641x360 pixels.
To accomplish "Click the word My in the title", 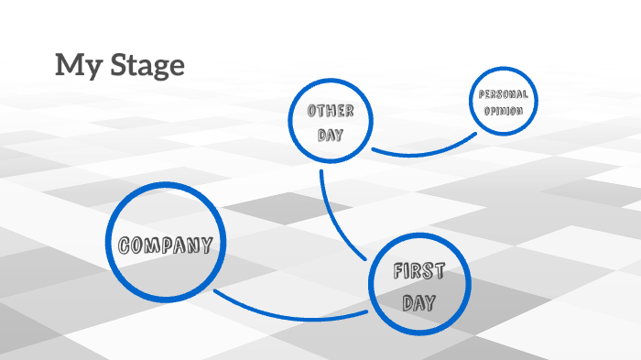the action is click(x=72, y=66).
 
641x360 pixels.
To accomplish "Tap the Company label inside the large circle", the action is click(x=166, y=245).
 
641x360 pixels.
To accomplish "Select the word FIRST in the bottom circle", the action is click(x=419, y=271).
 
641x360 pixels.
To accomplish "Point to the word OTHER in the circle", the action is click(x=331, y=111).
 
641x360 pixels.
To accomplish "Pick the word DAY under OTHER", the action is click(x=330, y=135).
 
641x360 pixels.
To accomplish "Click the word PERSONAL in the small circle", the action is click(x=503, y=95).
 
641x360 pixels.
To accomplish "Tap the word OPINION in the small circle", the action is click(x=503, y=111).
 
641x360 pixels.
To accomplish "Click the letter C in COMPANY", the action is click(x=125, y=245).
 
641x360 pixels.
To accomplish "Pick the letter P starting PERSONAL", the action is click(x=480, y=95).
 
